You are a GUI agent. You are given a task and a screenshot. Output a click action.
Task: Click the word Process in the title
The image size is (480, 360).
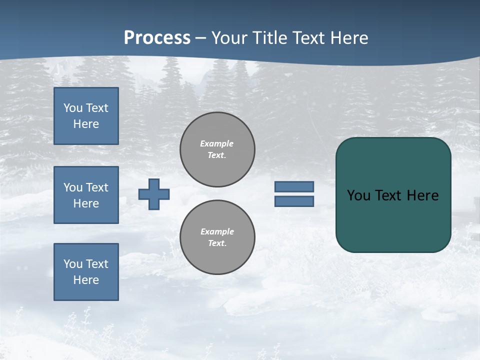(x=157, y=37)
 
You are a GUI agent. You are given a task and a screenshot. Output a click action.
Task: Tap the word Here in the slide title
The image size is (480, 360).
(x=348, y=37)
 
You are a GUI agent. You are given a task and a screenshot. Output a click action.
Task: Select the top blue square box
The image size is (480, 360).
(x=86, y=116)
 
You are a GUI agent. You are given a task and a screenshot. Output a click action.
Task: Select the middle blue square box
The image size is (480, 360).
(x=86, y=195)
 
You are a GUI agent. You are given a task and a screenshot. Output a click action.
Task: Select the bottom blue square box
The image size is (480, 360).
(x=86, y=272)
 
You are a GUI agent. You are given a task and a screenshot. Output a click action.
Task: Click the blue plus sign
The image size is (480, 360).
(x=154, y=194)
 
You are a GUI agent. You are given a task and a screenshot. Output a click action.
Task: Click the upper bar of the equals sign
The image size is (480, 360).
(x=294, y=186)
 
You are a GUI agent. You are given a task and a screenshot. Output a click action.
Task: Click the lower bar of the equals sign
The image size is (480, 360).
(x=294, y=201)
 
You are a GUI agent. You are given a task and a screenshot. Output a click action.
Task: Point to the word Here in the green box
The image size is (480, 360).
(x=422, y=195)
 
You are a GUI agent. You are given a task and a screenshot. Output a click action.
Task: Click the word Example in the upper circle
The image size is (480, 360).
(x=216, y=143)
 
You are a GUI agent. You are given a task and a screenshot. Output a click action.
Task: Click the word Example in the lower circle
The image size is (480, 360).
(x=217, y=231)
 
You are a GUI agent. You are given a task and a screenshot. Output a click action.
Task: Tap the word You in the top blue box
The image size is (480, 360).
(x=73, y=108)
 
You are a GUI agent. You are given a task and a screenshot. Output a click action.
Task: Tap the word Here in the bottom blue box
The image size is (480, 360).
(x=86, y=280)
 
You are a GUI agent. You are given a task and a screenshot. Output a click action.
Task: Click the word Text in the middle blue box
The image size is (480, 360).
(x=97, y=187)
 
